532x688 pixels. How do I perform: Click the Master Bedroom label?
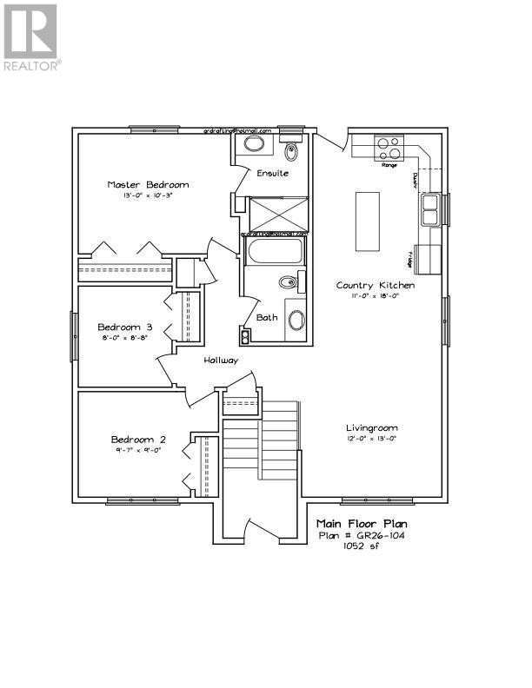148,184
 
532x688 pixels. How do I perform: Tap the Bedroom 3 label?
125,327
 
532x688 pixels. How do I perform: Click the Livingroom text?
372,427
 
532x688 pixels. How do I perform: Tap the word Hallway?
221,360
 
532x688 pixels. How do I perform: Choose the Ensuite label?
272,174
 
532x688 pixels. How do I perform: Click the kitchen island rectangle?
368,221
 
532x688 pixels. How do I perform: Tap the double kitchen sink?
429,208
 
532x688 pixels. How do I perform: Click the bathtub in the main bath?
275,253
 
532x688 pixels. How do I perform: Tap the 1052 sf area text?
361,546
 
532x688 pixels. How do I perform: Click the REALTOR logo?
30,38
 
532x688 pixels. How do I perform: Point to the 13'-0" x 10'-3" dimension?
148,197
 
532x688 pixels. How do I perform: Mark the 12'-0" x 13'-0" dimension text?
372,440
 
